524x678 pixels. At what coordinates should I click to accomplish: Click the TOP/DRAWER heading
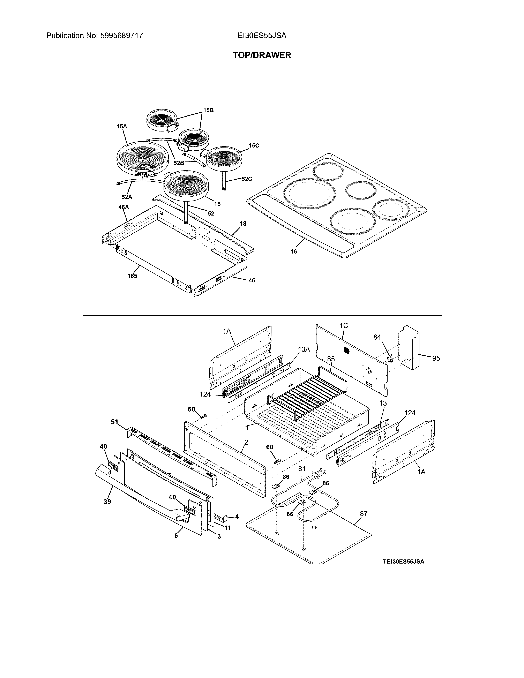[x=262, y=55]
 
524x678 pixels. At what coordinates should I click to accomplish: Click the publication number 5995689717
[x=121, y=36]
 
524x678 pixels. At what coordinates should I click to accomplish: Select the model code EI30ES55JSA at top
[x=262, y=36]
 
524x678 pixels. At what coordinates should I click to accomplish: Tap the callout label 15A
[x=122, y=126]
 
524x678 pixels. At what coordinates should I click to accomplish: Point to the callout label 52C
[x=247, y=179]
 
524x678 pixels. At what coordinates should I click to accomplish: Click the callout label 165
[x=132, y=276]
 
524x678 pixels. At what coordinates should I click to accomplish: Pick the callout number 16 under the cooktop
[x=294, y=251]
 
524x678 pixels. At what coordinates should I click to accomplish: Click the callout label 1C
[x=344, y=325]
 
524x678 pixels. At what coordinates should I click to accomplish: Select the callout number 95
[x=436, y=358]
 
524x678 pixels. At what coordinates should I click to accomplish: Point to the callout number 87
[x=364, y=514]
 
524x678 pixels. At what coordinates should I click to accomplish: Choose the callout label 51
[x=114, y=422]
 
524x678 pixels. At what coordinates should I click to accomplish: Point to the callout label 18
[x=243, y=224]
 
